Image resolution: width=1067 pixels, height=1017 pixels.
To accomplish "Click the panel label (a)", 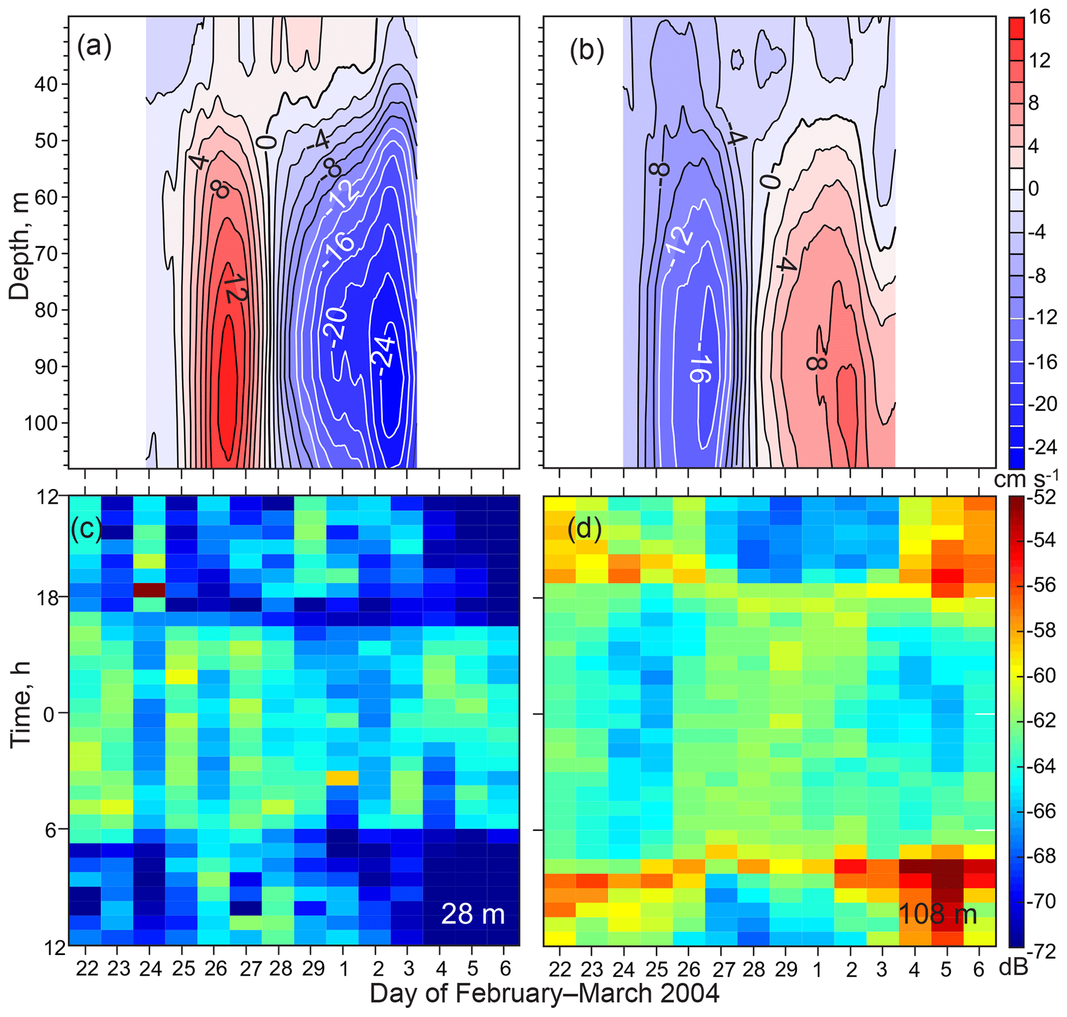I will click(94, 46).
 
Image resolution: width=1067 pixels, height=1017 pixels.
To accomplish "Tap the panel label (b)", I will click(586, 52).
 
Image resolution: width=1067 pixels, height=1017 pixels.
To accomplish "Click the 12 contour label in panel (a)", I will click(235, 288).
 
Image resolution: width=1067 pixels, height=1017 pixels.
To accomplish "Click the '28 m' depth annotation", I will click(473, 913).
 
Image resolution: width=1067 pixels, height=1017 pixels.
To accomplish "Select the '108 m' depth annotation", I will click(938, 914).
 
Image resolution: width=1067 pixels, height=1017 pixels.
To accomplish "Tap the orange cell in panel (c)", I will click(342, 777).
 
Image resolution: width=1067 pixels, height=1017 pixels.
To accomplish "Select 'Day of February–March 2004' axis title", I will click(545, 994).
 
